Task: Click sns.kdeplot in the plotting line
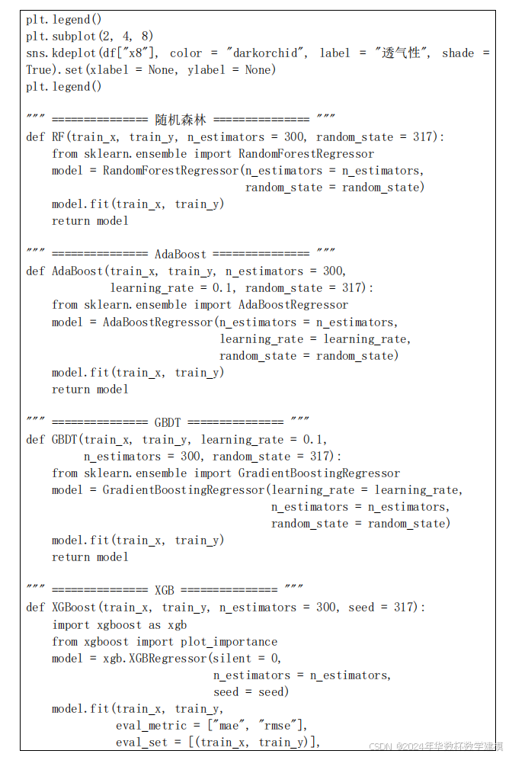click(64, 53)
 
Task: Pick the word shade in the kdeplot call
click(457, 53)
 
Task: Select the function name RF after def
click(58, 136)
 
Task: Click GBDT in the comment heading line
click(167, 422)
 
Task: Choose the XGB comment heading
click(164, 590)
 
